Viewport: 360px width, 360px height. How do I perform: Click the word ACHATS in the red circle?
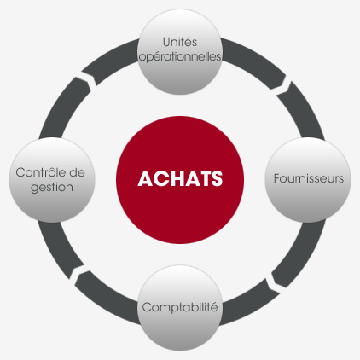pos(180,178)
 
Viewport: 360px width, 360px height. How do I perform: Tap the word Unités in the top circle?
pos(180,42)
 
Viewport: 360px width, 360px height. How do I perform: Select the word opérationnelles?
pos(180,57)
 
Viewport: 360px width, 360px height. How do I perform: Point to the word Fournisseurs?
pos(309,178)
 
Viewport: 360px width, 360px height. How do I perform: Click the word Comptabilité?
pos(180,307)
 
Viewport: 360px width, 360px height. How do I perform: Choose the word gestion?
pos(52,188)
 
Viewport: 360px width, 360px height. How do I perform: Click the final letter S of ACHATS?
pos(217,178)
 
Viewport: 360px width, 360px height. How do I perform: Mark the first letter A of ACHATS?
pos(145,178)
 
